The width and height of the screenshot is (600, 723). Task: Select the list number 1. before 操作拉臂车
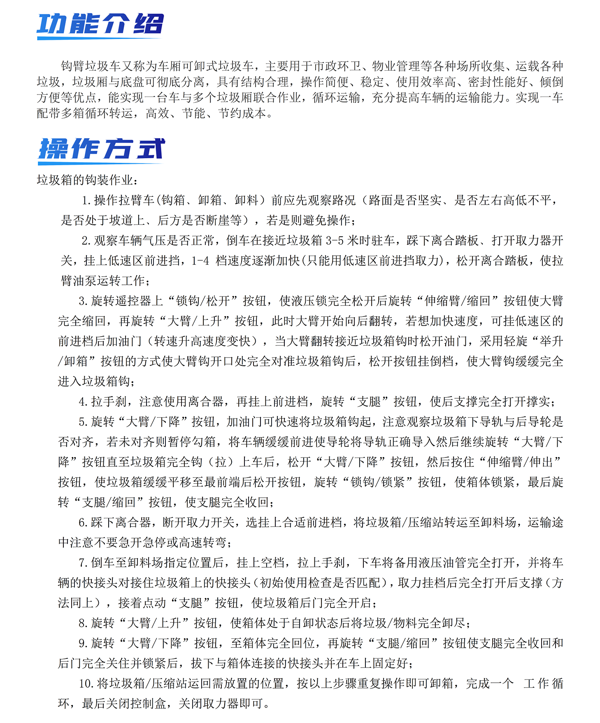86,201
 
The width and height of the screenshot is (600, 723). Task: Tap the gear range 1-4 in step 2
200,261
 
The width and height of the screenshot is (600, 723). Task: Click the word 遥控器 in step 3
134,301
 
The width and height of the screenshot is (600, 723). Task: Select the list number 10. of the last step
86,684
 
